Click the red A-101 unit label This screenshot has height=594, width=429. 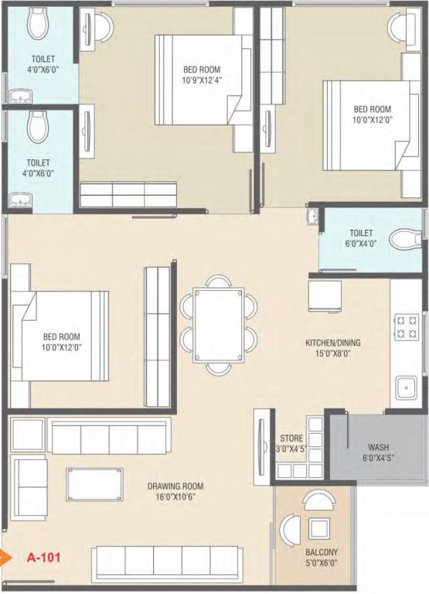(x=43, y=557)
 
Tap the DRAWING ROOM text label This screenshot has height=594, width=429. (x=175, y=486)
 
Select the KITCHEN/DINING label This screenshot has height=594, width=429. (x=333, y=343)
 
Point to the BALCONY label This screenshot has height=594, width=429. (x=322, y=552)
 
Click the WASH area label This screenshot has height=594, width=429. (x=378, y=447)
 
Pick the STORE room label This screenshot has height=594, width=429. (x=291, y=439)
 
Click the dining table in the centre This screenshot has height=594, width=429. (x=218, y=325)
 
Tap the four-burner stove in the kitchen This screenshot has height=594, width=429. (x=407, y=327)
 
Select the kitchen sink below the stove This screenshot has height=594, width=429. (x=407, y=387)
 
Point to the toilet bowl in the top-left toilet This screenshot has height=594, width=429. (x=37, y=24)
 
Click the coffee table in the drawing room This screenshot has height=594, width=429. (x=94, y=484)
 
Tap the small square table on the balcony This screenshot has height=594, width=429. (x=318, y=528)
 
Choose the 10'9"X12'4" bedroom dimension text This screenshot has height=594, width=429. (x=202, y=80)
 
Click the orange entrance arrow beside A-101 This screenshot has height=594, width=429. (x=4, y=557)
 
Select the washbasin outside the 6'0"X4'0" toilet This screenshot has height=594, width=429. (x=313, y=217)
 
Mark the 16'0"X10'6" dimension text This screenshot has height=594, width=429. (x=175, y=497)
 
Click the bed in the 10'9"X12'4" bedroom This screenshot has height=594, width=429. (x=204, y=80)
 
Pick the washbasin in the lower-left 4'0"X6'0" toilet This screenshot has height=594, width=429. (x=19, y=200)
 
